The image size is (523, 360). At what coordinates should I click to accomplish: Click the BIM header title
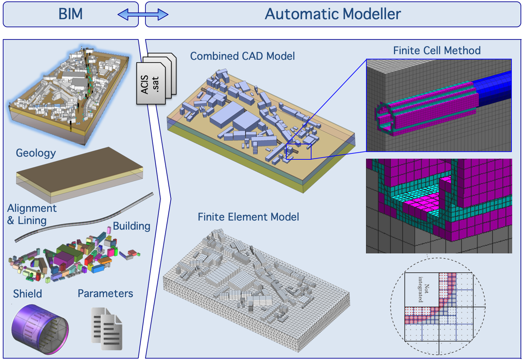[71, 14]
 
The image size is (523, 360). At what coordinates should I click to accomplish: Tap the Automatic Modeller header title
[333, 14]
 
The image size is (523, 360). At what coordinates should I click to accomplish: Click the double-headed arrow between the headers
[143, 15]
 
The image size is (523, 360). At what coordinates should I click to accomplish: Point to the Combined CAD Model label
[242, 56]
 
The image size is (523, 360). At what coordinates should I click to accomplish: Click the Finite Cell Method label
[437, 51]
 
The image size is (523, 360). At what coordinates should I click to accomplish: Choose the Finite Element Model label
[248, 217]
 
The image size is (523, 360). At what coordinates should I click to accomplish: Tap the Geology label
[36, 153]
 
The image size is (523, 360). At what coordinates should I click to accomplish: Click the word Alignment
[32, 208]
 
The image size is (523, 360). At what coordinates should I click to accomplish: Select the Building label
[132, 226]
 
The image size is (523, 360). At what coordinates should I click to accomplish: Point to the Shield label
[28, 294]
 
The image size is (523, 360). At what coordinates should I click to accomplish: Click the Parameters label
[105, 293]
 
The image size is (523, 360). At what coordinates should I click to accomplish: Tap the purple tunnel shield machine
[39, 328]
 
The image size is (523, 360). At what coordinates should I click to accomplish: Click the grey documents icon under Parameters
[107, 328]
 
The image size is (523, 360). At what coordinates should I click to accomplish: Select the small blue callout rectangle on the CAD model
[298, 152]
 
